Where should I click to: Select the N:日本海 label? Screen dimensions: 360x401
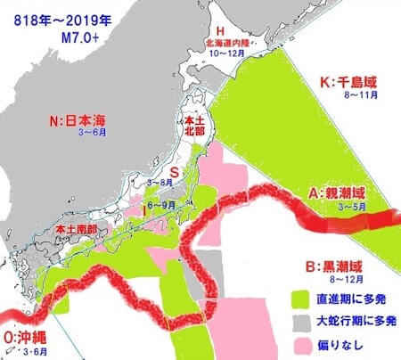(78, 120)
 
